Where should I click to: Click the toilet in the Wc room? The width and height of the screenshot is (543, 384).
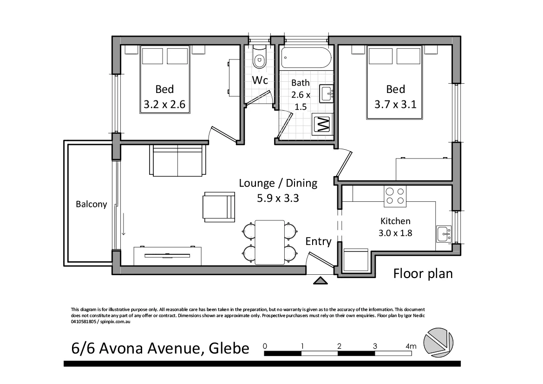[x=259, y=59]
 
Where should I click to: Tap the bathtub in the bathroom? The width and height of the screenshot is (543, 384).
[x=306, y=59]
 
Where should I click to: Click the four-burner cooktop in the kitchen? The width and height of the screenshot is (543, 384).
[x=395, y=196]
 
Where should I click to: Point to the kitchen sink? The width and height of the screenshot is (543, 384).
[x=443, y=233]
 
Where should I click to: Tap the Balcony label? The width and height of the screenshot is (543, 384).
[x=92, y=204]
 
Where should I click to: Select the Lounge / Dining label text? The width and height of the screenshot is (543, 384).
[x=278, y=183]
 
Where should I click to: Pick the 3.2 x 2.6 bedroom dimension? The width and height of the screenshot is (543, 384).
[x=164, y=105]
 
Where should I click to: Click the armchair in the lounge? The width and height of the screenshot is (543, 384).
[x=218, y=206]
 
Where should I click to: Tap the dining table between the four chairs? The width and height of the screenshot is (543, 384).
[x=270, y=242]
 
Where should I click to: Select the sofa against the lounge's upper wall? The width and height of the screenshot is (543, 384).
[x=177, y=160]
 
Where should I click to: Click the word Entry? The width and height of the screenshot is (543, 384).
[x=318, y=241]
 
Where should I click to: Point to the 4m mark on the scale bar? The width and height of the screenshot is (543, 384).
[x=411, y=346]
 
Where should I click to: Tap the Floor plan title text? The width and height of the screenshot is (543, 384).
[x=423, y=273]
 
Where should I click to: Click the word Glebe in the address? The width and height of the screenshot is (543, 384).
[x=229, y=348]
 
